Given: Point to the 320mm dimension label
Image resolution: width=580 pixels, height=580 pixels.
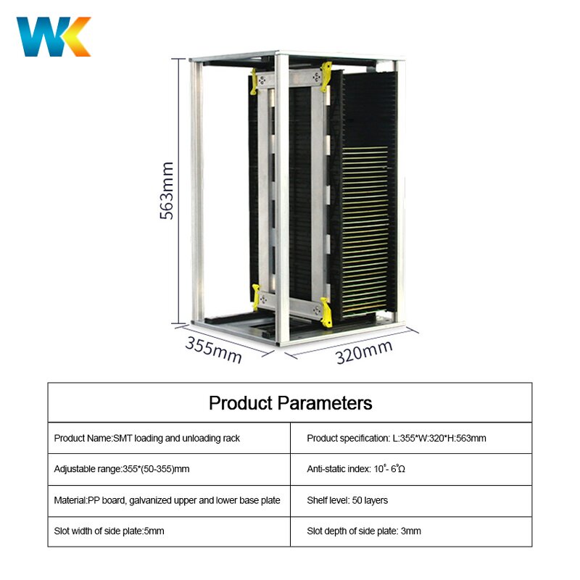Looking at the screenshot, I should (x=364, y=352).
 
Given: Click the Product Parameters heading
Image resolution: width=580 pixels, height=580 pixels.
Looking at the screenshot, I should (x=290, y=403).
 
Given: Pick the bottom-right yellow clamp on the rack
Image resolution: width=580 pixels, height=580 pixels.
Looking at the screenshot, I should (x=326, y=310).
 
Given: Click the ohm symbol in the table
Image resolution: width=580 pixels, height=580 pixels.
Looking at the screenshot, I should (x=402, y=470).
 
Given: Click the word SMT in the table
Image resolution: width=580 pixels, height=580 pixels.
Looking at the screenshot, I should (x=122, y=438).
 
